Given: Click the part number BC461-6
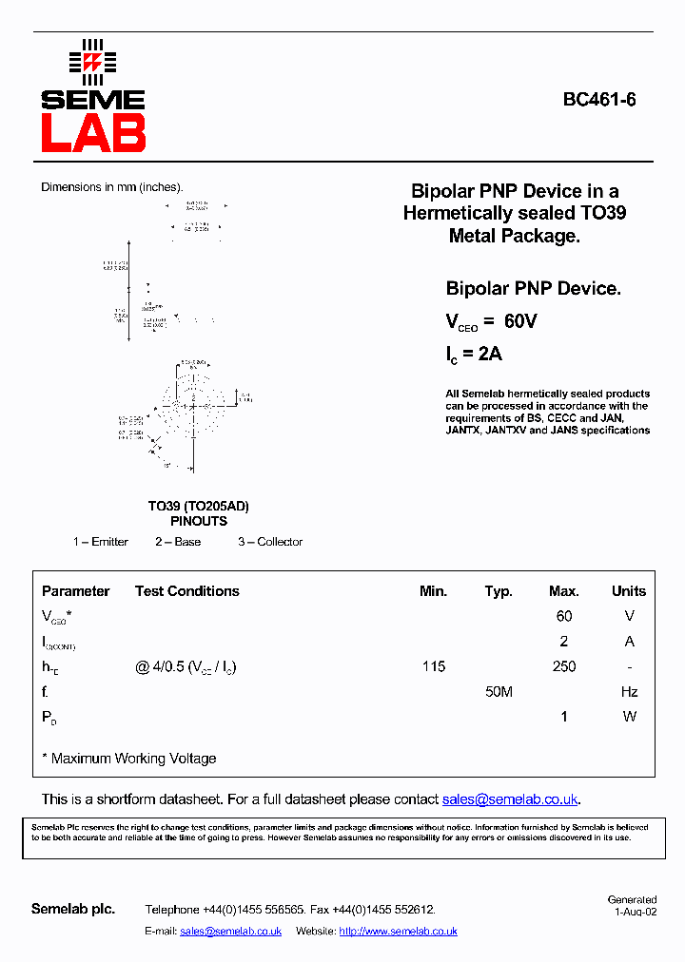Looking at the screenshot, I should (599, 99).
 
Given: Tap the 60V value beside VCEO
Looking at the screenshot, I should (520, 322).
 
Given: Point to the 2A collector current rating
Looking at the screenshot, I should (489, 355).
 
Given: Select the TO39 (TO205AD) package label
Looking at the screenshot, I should (199, 507).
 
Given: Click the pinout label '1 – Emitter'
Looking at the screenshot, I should (101, 542).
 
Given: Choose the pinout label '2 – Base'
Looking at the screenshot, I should (178, 542).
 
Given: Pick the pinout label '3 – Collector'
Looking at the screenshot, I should (270, 542).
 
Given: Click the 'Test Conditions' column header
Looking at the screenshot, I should (187, 591).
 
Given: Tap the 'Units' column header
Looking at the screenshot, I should (629, 591).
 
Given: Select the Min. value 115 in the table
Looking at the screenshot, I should (434, 666).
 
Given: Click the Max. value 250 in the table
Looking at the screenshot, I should (564, 666).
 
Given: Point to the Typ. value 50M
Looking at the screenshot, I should (499, 692).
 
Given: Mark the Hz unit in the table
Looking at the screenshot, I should (629, 692).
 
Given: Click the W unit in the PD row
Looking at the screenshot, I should (629, 717).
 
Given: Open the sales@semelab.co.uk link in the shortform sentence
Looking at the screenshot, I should (510, 799).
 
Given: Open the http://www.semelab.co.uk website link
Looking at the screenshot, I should (398, 932).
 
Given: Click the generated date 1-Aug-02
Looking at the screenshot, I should (636, 911).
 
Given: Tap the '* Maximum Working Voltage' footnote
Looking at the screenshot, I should (129, 759).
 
